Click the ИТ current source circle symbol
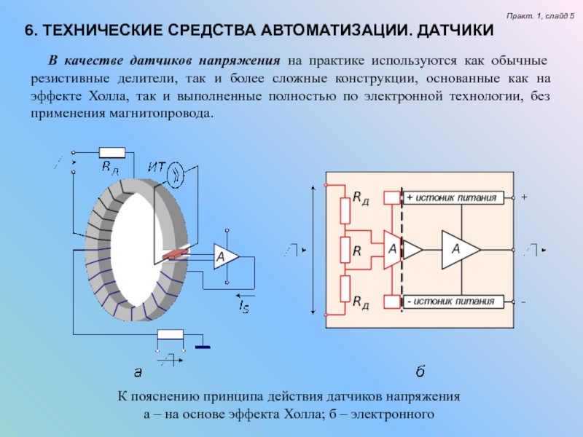click(x=175, y=173)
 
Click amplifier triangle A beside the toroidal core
click(x=224, y=256)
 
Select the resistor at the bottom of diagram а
click(x=171, y=334)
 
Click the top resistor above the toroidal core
click(x=111, y=153)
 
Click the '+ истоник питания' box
click(x=452, y=197)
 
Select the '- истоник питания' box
click(x=452, y=301)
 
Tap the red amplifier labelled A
click(x=391, y=249)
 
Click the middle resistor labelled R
click(x=346, y=249)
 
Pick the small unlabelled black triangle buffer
click(x=412, y=249)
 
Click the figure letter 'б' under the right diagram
click(x=420, y=372)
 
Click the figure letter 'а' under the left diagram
click(x=137, y=372)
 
